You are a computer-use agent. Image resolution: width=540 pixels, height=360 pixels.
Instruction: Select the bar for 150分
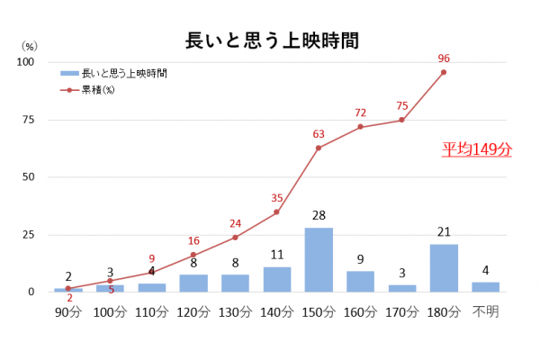pos(319,260)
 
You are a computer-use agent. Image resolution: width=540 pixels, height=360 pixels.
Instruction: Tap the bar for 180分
pos(444,268)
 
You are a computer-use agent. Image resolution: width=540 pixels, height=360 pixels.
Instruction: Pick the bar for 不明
pos(485,287)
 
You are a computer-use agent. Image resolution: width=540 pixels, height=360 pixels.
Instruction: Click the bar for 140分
pos(277,279)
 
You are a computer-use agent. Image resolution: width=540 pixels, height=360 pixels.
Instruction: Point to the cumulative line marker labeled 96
pos(444,72)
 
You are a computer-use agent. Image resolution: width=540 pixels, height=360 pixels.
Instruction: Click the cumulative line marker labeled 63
pos(319,148)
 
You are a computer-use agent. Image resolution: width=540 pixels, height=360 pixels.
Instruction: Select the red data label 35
pos(276,198)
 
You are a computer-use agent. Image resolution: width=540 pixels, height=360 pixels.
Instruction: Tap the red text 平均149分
pos(476,149)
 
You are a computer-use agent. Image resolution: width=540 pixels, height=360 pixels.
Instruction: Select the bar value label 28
pos(319,217)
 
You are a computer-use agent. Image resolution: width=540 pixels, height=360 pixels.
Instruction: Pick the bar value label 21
pos(444,233)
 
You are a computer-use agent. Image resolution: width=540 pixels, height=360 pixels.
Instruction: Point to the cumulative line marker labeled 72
pos(360,127)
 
